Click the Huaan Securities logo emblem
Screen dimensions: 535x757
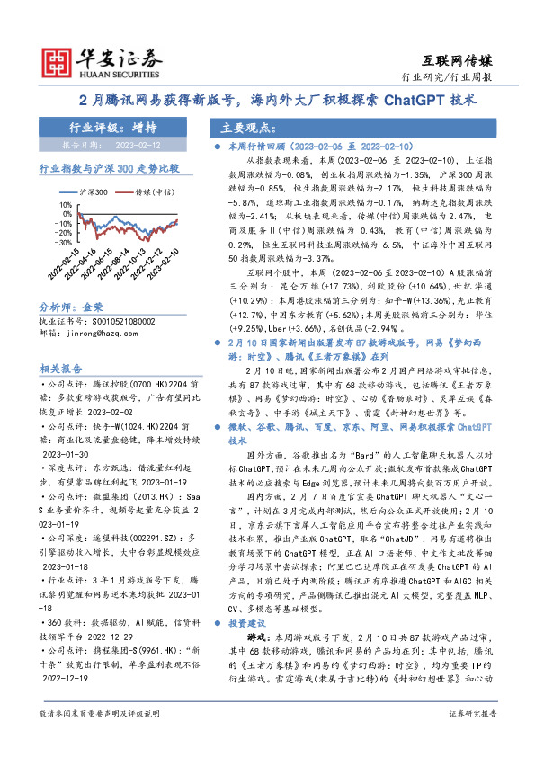point(58,59)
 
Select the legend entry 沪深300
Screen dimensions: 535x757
point(95,192)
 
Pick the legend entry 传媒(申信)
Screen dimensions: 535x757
point(152,192)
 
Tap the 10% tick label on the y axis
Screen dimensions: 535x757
point(67,203)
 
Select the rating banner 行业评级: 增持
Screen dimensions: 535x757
point(112,128)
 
